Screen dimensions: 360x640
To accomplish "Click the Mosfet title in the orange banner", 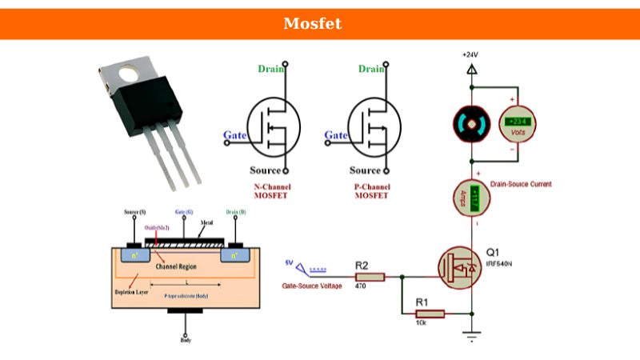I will coord(312,24).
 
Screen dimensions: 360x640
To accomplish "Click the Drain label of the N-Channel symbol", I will coord(271,69).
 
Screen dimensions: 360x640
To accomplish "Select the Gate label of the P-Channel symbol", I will coord(336,135).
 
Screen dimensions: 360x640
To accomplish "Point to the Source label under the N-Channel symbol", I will coord(265,170).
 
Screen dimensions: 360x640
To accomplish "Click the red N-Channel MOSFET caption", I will coord(272,191).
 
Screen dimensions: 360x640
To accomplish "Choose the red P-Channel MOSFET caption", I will coord(371,191).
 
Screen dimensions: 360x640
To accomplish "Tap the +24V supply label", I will coord(470,54).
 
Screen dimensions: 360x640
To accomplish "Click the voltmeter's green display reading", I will coord(518,122).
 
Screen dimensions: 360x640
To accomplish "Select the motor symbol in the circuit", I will coord(470,124).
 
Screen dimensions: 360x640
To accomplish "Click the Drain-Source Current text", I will coord(521,184).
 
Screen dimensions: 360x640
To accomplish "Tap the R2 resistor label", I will coord(362,266).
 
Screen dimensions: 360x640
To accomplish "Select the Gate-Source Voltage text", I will coord(312,286).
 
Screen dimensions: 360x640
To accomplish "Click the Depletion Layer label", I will coord(131,292).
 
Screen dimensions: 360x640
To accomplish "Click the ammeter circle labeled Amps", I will coord(470,197).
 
